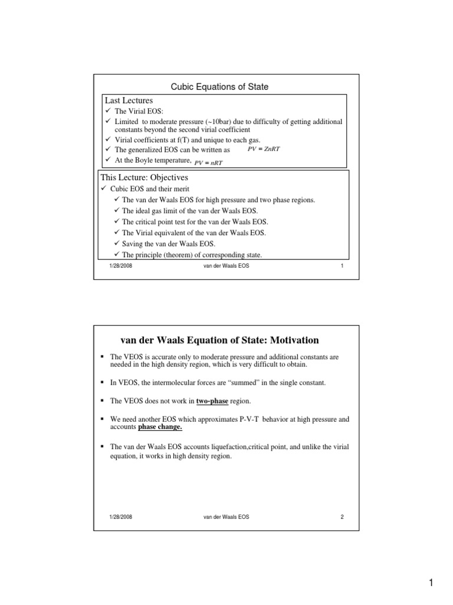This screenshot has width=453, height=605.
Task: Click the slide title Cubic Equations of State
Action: coord(219,87)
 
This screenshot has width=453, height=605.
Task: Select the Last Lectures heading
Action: coord(129,101)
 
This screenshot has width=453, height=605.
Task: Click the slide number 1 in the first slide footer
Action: coord(342,267)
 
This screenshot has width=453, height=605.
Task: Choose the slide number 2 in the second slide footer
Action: coord(342,517)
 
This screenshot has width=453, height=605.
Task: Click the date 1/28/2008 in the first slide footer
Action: coord(120,267)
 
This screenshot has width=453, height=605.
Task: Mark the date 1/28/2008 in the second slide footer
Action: coord(120,517)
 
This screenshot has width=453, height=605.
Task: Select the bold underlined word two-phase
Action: coord(212,400)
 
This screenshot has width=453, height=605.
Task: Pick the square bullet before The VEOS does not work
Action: coord(103,400)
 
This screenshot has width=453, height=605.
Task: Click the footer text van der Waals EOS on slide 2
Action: coord(225,517)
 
